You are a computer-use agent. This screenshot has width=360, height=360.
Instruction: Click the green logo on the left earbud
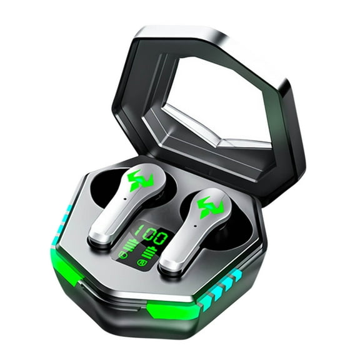click(x=141, y=181)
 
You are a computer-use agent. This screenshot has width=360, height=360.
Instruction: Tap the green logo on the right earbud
click(x=210, y=207)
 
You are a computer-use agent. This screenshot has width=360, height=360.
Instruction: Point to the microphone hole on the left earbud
click(x=124, y=199)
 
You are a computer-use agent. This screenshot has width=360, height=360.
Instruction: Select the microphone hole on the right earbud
click(x=195, y=226)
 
